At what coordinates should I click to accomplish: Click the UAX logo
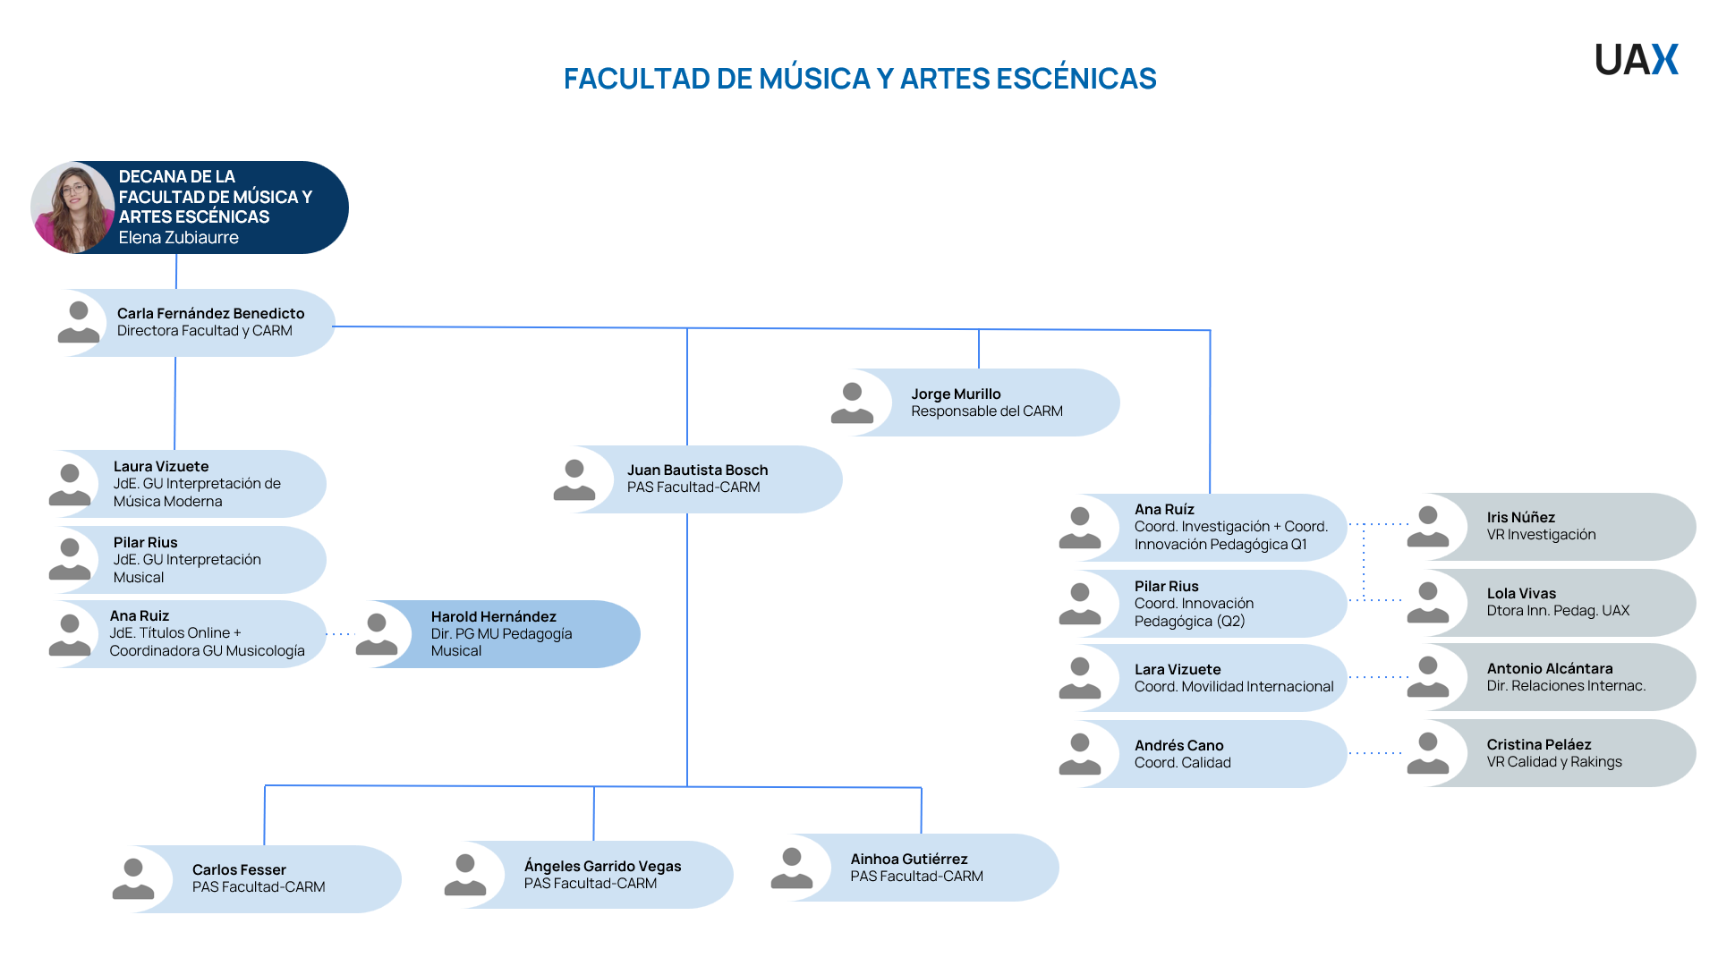(1636, 60)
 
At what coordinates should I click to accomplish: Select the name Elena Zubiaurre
(178, 238)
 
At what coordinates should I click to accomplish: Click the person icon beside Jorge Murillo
(852, 402)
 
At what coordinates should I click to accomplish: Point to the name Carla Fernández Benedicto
(210, 313)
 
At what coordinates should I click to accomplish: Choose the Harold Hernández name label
(493, 616)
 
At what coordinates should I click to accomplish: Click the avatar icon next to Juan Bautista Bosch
(574, 479)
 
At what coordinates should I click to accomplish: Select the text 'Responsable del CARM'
(986, 411)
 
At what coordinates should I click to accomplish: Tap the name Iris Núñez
(1520, 517)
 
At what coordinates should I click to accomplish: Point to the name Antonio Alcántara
(1549, 668)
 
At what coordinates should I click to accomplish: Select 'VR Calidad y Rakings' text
(1553, 762)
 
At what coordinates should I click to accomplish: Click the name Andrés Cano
(1178, 745)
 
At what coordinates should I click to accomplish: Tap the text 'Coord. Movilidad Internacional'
(1233, 687)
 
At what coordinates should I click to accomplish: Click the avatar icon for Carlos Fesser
(133, 878)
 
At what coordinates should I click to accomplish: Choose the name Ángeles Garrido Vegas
(602, 866)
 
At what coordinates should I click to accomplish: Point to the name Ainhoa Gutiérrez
(908, 859)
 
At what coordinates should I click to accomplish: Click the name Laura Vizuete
(161, 466)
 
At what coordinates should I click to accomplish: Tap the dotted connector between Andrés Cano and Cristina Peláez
(1375, 753)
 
